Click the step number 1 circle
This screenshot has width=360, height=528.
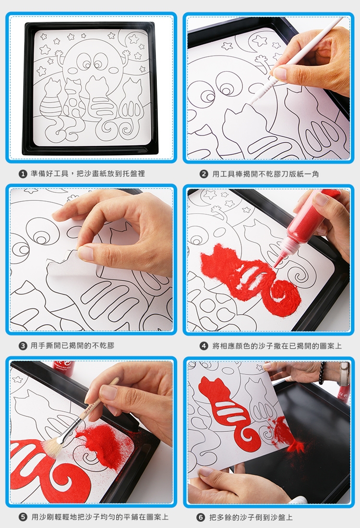23,174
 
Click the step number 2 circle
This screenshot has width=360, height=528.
204,174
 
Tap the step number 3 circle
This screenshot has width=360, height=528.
23,346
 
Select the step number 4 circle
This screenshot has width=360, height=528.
204,346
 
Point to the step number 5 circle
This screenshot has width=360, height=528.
23,517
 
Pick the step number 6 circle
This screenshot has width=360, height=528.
201,517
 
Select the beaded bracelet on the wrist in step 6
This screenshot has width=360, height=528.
322,373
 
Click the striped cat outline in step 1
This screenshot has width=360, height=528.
50,101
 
